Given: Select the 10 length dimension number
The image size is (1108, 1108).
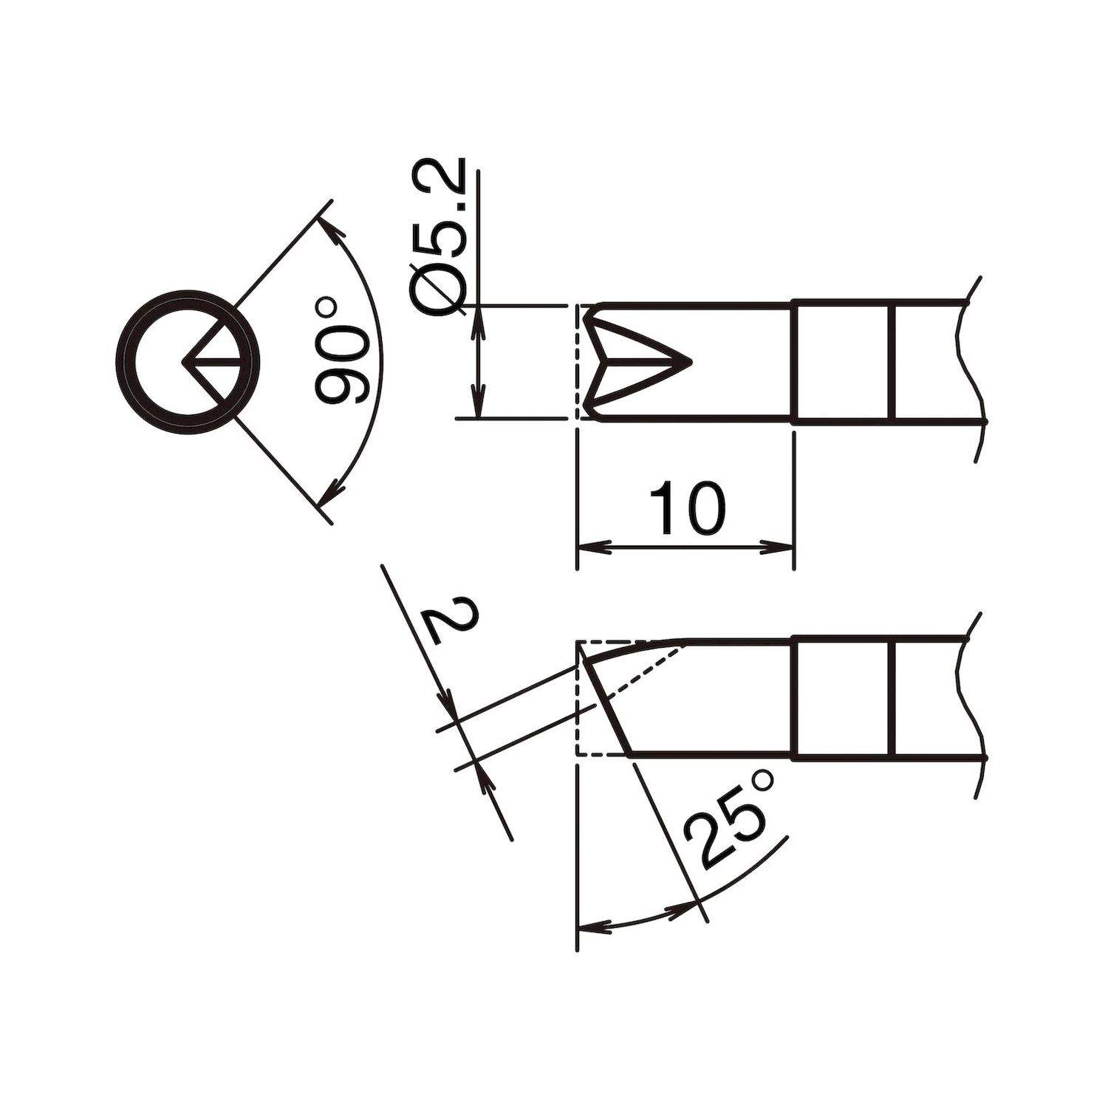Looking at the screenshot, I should tap(687, 510).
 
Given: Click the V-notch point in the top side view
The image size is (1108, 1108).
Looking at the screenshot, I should tap(688, 362).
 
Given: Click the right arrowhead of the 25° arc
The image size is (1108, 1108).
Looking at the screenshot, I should tap(683, 906).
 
